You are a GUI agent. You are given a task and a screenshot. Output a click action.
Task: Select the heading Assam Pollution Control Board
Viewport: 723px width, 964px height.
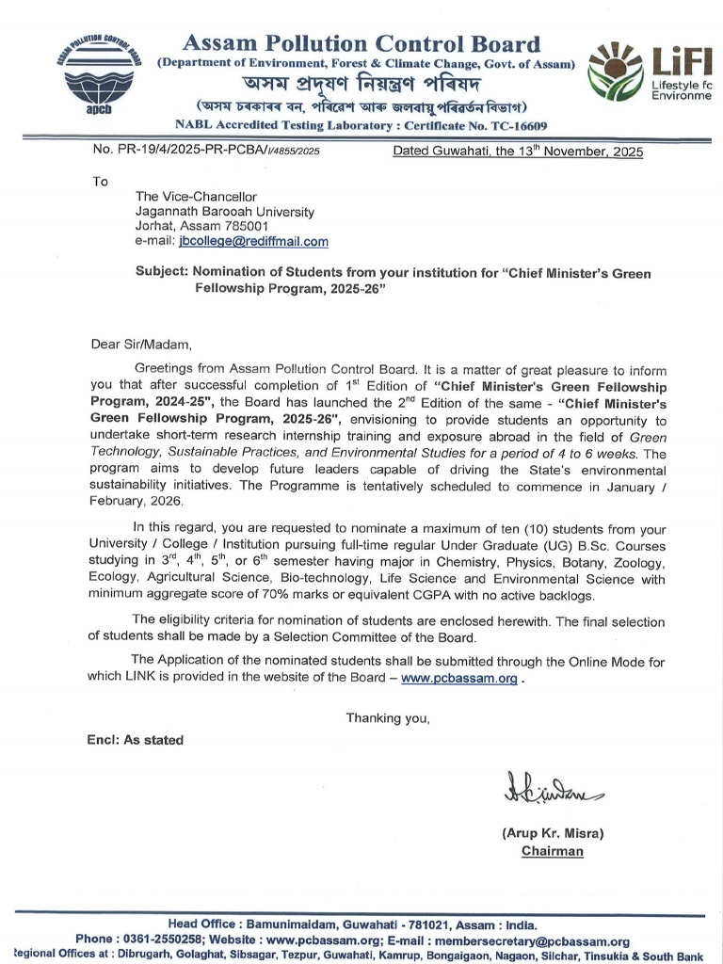coord(361,43)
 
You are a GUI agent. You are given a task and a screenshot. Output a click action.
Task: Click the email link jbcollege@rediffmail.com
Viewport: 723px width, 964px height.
coord(253,242)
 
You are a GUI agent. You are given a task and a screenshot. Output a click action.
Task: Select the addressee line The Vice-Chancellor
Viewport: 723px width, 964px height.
coord(196,197)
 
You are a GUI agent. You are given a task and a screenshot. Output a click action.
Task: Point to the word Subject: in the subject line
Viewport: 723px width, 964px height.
coord(163,273)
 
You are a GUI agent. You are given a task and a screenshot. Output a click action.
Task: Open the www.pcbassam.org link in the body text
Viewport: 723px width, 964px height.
coord(458,680)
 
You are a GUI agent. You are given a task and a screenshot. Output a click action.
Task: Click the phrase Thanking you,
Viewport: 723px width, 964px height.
coord(388,718)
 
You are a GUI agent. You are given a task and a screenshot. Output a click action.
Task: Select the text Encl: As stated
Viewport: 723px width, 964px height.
coord(136,740)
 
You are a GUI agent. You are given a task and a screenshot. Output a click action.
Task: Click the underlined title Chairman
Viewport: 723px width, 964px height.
coord(553,851)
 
